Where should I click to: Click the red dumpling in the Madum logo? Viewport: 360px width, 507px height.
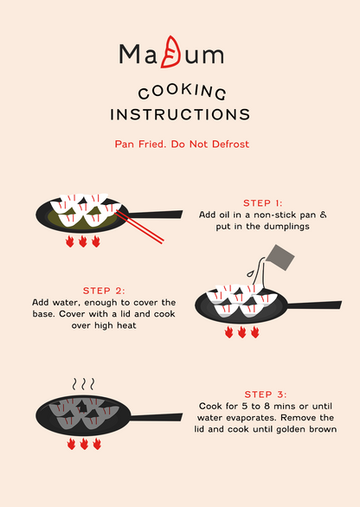(x=170, y=52)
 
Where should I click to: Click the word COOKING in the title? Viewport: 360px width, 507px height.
(x=182, y=92)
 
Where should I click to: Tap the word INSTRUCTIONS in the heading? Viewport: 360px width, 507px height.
(x=180, y=114)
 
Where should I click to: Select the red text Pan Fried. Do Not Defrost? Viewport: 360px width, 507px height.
(x=182, y=144)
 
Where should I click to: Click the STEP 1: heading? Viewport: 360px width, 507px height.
(x=262, y=203)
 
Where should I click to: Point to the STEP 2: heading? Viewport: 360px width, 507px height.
(x=104, y=291)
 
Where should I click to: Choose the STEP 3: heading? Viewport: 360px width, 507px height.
(x=266, y=395)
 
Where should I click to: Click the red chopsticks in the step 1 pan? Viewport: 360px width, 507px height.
(x=139, y=227)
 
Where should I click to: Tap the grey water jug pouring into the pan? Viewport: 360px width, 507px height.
(x=280, y=258)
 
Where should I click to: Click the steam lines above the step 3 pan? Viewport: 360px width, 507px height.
(x=83, y=384)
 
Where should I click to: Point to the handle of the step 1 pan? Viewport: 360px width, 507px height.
(x=155, y=215)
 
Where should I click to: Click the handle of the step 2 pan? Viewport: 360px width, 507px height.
(x=314, y=305)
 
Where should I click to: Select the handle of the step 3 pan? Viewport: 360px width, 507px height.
(x=156, y=417)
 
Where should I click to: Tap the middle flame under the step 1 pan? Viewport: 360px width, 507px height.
(x=83, y=241)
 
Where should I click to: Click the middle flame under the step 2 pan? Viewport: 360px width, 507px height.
(x=241, y=332)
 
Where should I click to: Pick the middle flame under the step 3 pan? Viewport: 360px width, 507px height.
(x=84, y=444)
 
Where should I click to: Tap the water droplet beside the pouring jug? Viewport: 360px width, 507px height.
(x=250, y=273)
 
